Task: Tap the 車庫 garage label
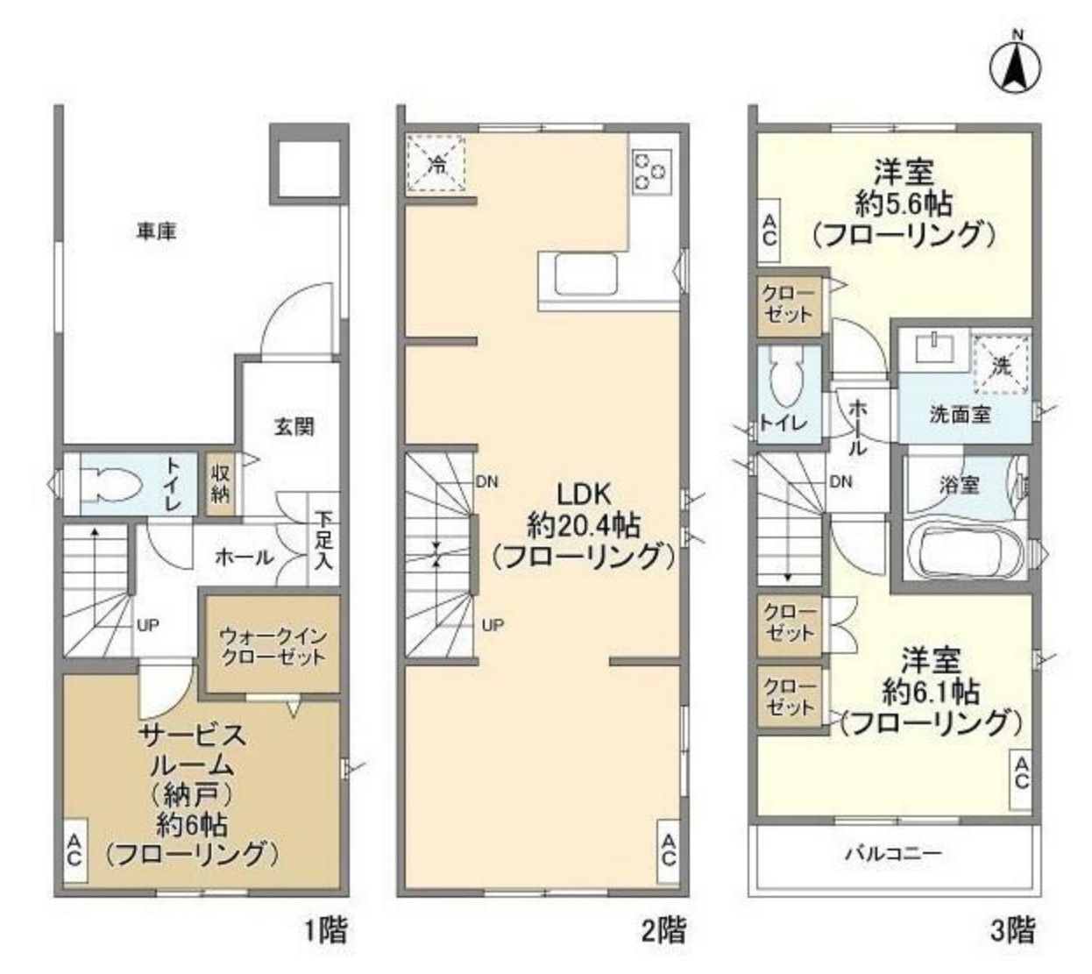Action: pyautogui.click(x=157, y=231)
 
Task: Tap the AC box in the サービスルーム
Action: pyautogui.click(x=74, y=850)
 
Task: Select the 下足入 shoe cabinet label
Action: pyautogui.click(x=324, y=542)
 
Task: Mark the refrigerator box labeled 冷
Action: pyautogui.click(x=436, y=163)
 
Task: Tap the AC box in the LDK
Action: pyautogui.click(x=669, y=850)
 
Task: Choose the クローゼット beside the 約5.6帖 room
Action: pyautogui.click(x=788, y=304)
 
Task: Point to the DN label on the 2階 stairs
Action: pyautogui.click(x=487, y=481)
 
